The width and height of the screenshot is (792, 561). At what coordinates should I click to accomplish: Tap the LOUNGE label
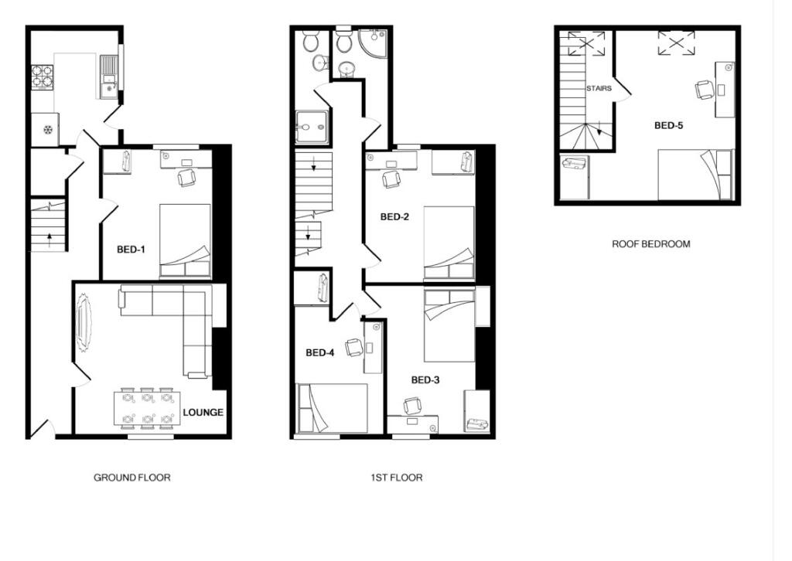203,413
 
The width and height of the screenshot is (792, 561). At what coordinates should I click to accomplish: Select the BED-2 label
394,217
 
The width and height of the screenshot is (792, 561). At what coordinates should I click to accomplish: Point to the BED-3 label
425,380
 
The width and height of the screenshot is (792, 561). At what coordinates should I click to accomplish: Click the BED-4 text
320,353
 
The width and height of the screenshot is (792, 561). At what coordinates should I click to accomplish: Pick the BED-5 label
669,125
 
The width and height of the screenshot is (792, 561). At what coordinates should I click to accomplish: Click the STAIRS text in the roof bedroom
599,89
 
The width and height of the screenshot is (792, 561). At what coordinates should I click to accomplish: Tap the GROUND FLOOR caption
132,478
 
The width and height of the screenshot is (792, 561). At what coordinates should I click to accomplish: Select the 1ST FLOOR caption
396,478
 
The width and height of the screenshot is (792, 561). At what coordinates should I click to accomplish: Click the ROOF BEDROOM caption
651,244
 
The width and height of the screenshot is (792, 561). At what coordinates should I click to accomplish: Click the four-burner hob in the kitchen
42,77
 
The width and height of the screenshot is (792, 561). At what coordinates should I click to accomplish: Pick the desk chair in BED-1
186,178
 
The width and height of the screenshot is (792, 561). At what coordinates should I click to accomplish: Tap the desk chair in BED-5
705,90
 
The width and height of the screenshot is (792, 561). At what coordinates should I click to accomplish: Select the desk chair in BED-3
413,406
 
